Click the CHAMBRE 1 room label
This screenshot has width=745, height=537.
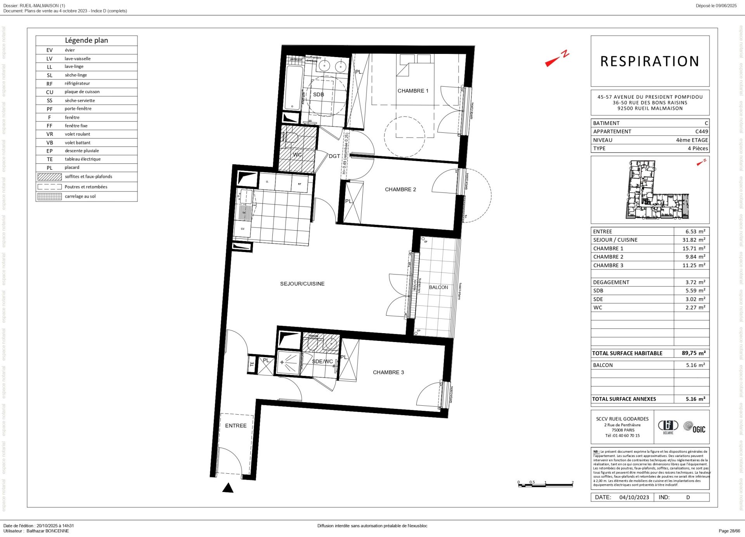pos(413,91)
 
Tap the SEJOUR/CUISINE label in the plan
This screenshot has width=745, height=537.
pos(302,284)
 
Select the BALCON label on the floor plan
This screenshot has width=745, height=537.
pos(438,287)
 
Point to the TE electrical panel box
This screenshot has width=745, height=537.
pos(252,364)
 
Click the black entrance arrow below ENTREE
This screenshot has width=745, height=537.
pos(228,488)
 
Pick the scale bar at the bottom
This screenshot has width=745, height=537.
pos(545,484)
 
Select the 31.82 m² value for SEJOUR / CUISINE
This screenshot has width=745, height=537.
pos(693,240)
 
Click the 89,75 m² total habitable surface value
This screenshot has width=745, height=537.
pos(693,353)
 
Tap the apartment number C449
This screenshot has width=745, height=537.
pos(701,132)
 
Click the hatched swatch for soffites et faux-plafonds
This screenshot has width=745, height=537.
pos(50,177)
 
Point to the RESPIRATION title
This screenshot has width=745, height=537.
pos(650,61)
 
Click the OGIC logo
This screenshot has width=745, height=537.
pos(694,428)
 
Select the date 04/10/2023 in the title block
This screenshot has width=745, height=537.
pos(634,497)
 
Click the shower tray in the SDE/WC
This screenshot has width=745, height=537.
pos(288,363)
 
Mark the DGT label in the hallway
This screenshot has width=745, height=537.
pos(334,156)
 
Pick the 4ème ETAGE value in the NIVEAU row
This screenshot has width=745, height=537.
pos(691,140)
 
